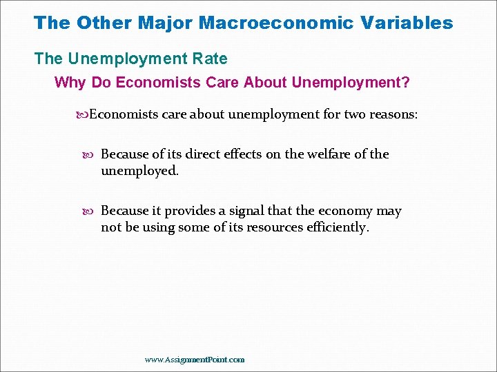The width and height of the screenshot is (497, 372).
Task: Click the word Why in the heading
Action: [68, 83]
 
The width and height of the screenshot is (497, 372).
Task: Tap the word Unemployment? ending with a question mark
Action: [351, 83]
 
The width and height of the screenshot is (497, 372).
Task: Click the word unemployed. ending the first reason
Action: [140, 171]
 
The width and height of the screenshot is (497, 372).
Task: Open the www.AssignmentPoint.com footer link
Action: [195, 360]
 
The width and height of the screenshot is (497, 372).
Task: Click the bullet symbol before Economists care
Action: [83, 114]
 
